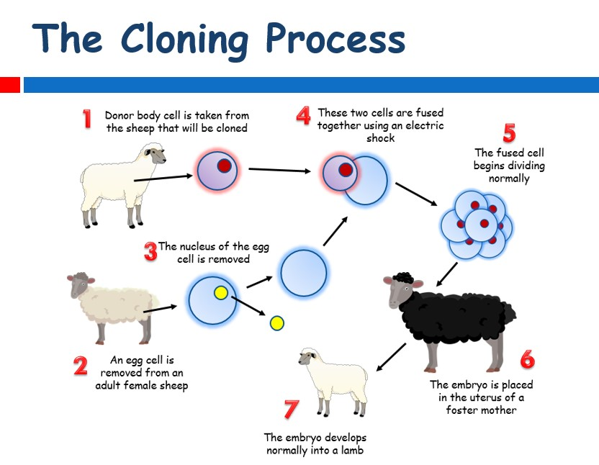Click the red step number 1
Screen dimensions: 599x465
(87, 119)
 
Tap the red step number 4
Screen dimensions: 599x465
(303, 116)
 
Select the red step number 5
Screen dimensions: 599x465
(509, 133)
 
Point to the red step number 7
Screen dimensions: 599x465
(292, 410)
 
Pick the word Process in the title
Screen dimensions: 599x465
(335, 38)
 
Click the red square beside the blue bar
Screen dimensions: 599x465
(10, 85)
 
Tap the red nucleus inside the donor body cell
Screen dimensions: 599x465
(224, 166)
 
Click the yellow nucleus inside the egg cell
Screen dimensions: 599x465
(221, 293)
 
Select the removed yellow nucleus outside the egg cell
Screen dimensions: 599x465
(277, 323)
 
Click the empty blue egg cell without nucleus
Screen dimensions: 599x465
(304, 273)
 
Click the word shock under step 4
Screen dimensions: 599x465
(380, 138)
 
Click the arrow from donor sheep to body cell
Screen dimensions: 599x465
(163, 178)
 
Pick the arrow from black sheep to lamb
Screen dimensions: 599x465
(391, 357)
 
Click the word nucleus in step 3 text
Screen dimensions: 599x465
(197, 246)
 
